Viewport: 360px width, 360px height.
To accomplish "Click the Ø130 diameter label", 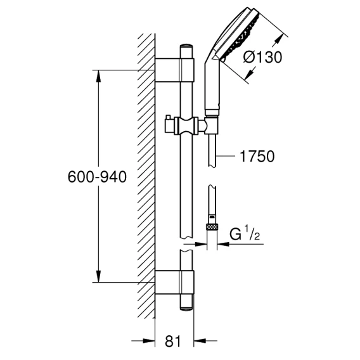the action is tap(262, 57).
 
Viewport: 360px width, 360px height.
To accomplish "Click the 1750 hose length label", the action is tap(257, 157).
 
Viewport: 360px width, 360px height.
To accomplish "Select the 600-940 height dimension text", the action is tap(98, 177).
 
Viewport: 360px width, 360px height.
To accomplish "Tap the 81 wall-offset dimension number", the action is tap(173, 342).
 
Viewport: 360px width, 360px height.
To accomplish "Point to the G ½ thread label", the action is tap(245, 234).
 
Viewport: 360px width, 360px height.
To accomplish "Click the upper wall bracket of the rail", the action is tap(174, 70).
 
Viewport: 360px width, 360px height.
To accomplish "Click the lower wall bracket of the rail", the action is tap(174, 282).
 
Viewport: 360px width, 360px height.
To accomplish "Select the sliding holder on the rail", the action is tap(186, 125).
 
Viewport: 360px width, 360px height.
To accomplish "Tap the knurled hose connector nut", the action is tap(212, 228).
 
